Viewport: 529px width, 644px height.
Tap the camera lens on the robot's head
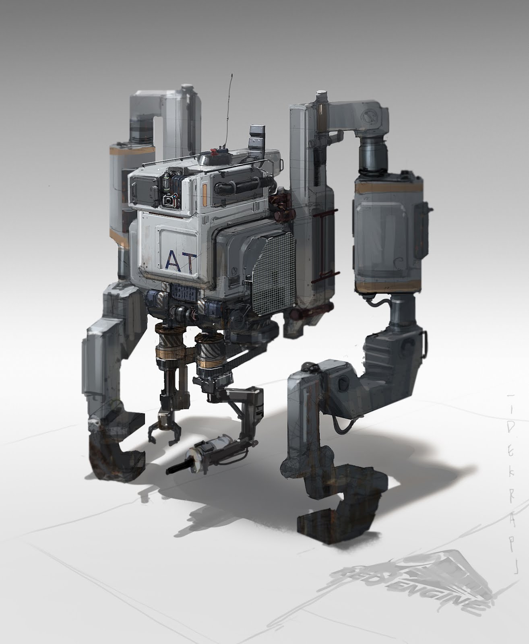coord(167,200)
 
